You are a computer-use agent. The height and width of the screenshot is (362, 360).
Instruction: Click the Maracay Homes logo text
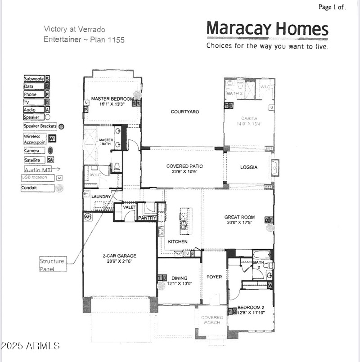pos(267,29)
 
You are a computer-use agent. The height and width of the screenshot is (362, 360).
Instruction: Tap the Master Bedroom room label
pos(112,98)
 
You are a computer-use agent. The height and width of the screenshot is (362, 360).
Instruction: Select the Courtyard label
pos(184,112)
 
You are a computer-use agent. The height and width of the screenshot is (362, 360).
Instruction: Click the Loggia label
pos(249,167)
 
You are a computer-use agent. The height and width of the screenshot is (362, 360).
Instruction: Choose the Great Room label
pos(239,217)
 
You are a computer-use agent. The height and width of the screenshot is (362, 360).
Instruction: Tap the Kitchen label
pos(178,242)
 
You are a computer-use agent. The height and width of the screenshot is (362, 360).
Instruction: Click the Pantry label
pos(147,218)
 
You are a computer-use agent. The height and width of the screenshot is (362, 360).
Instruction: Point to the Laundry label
pos(101,197)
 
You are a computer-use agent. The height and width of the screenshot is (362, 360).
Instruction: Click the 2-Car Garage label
pos(119,256)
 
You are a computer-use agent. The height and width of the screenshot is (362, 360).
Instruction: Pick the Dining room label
pos(179,278)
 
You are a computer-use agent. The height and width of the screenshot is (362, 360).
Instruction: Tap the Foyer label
pos(214,277)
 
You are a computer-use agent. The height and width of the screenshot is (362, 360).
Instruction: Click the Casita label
pos(249,118)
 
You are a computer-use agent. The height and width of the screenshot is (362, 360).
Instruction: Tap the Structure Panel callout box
pos(52,264)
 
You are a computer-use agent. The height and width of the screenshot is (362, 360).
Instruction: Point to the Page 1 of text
pos(332,7)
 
